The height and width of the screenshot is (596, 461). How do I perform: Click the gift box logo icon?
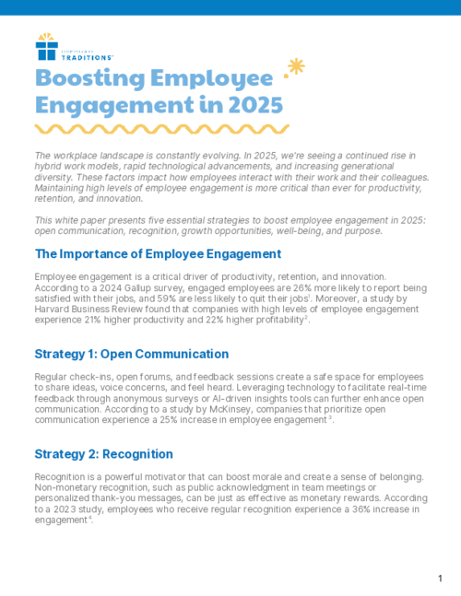point(46,46)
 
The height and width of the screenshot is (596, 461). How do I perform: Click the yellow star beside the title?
point(296,66)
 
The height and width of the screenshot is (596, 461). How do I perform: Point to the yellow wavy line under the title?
point(157,126)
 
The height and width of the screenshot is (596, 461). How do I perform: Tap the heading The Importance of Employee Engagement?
point(158,253)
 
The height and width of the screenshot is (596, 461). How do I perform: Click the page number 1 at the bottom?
point(441,578)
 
